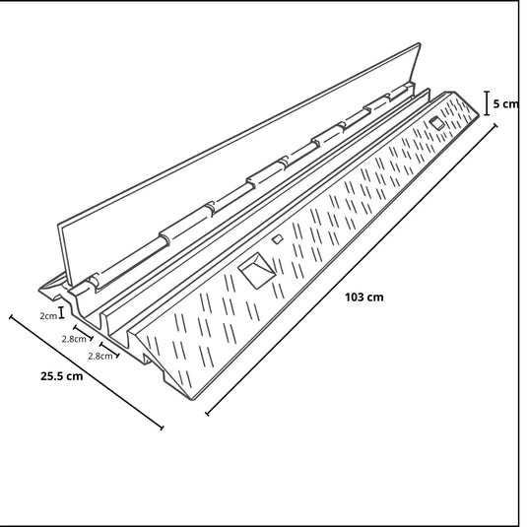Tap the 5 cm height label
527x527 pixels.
(x=506, y=103)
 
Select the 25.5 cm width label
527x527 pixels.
(x=61, y=375)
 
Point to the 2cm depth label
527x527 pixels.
(x=47, y=315)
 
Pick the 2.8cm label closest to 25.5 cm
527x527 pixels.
(x=99, y=355)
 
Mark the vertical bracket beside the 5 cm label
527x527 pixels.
(x=487, y=101)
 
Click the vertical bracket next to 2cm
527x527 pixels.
(x=62, y=313)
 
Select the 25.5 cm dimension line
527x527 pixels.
(x=87, y=373)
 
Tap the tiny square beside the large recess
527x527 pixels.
(x=278, y=239)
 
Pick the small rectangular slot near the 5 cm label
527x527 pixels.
(x=435, y=123)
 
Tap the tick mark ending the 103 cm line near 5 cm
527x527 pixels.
(x=494, y=124)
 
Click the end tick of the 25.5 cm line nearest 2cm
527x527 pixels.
(x=12, y=318)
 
